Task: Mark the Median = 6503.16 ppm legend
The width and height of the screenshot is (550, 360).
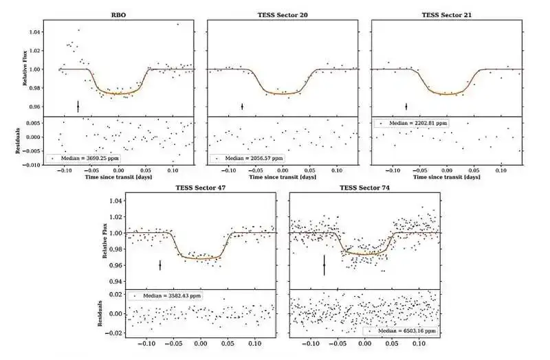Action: point(401,330)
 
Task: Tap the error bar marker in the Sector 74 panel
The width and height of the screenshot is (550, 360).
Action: point(324,265)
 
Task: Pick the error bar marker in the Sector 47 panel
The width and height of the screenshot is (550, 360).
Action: point(160,265)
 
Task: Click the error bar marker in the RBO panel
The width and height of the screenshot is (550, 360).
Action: point(78,106)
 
